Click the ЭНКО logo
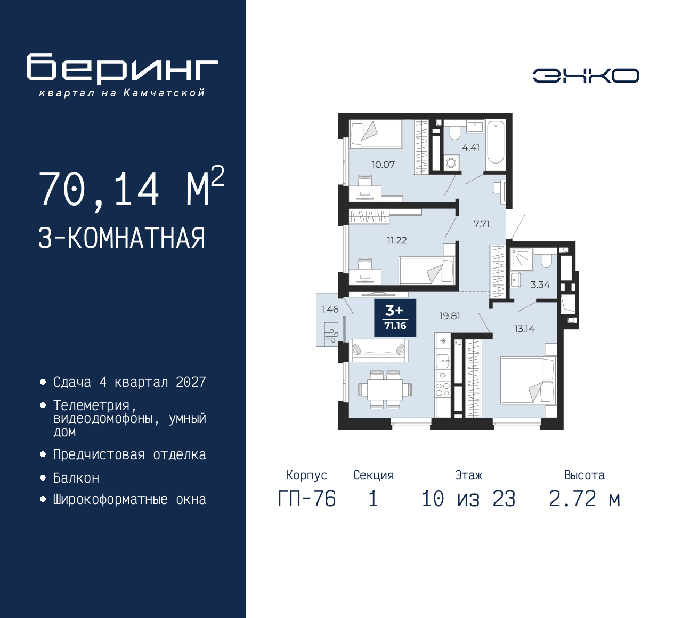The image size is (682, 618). [x=586, y=76]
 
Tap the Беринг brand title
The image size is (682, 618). [x=122, y=69]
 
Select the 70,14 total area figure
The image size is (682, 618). [x=99, y=189]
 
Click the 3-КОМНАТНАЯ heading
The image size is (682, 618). [x=122, y=238]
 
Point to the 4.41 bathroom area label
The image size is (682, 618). [x=470, y=148]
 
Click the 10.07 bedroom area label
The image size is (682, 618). [x=383, y=165]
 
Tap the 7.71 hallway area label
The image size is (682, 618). [x=482, y=224]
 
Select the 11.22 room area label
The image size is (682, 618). [x=396, y=240]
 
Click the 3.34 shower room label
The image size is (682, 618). [x=540, y=284]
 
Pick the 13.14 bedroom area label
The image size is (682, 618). [x=524, y=329]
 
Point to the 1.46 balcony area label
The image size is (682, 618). [x=329, y=309]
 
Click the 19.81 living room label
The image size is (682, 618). [x=449, y=316]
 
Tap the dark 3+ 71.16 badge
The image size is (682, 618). [x=395, y=318]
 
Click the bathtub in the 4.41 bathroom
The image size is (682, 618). [x=496, y=142]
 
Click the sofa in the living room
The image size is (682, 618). [x=378, y=350]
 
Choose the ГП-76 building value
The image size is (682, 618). [x=307, y=499]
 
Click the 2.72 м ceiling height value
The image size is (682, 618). [x=584, y=499]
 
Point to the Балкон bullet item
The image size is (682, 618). [x=76, y=478]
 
